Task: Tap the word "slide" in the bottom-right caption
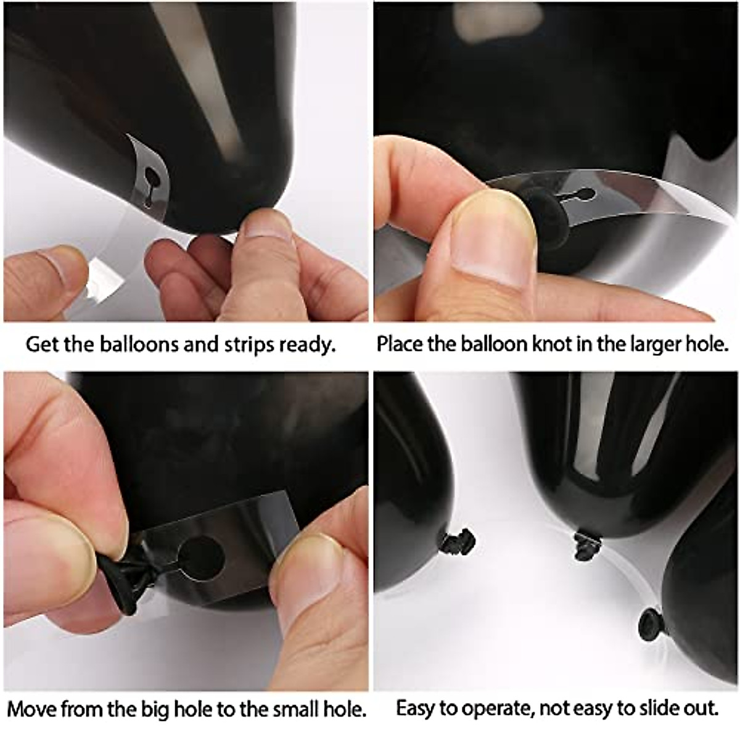(647, 708)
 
